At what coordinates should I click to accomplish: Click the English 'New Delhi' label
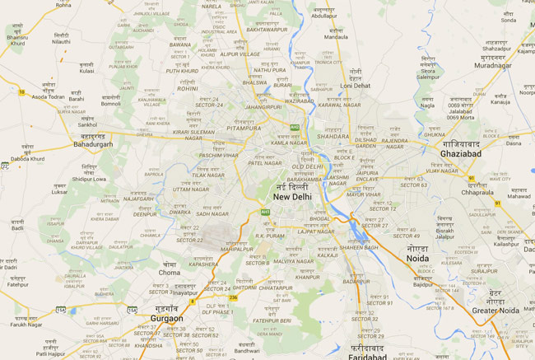(x=293, y=198)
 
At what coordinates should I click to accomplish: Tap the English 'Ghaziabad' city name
(x=461, y=153)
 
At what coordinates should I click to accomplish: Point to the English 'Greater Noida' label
(x=495, y=311)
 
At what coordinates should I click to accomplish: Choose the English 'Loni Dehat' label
(x=356, y=86)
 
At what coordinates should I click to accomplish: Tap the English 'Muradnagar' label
(x=493, y=65)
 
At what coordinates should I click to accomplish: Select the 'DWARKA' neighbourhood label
(x=179, y=213)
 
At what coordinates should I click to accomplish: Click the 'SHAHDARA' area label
(x=333, y=137)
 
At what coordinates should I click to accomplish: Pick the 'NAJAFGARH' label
(x=138, y=199)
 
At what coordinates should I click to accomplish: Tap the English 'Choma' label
(x=170, y=272)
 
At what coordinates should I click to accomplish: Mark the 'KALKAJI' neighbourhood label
(x=328, y=255)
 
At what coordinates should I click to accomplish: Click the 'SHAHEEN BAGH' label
(x=359, y=247)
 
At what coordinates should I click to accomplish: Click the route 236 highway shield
(x=233, y=297)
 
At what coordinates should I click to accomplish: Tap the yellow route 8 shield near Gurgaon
(x=192, y=302)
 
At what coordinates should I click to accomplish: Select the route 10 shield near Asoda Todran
(x=21, y=91)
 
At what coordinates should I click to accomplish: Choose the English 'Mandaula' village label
(x=336, y=37)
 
